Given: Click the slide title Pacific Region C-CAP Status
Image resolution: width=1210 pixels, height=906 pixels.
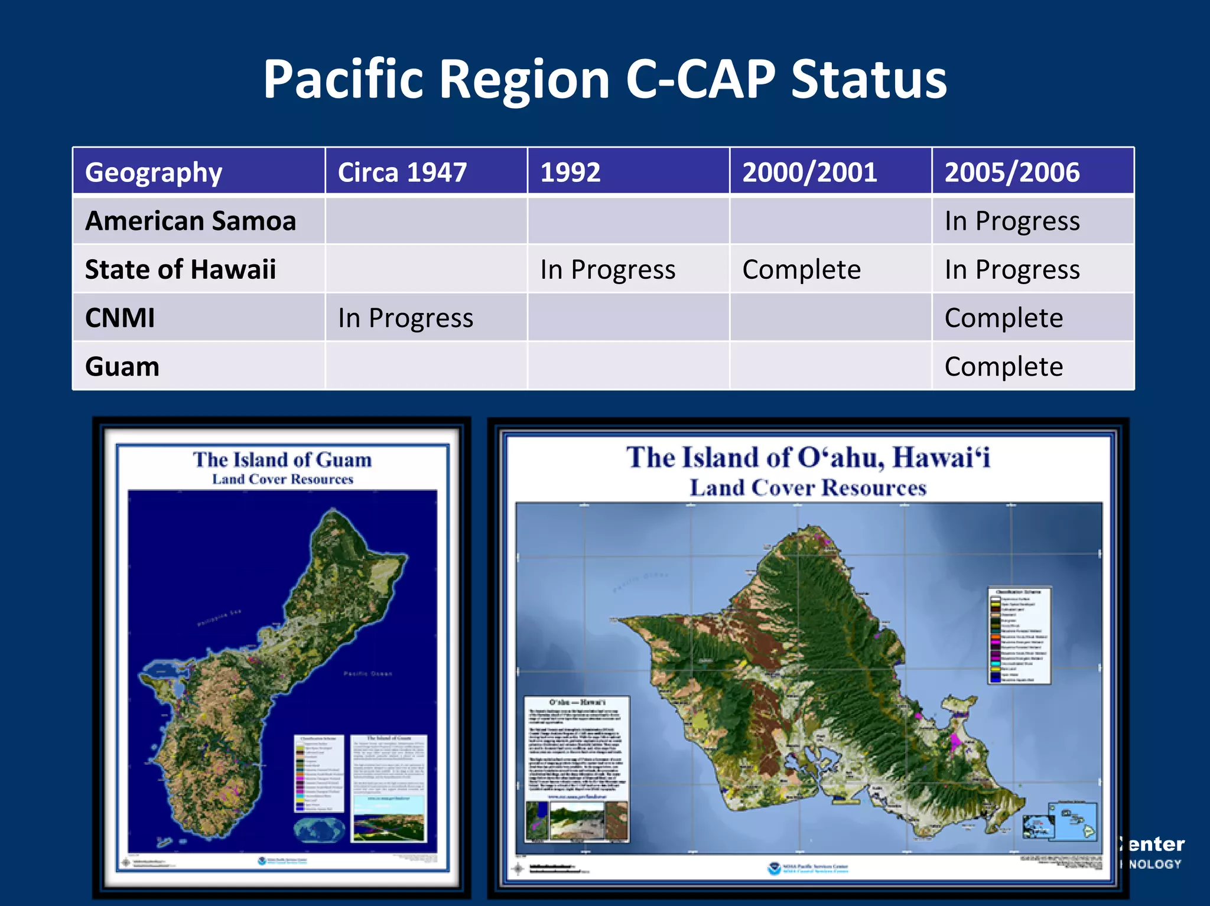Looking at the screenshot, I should (x=604, y=80).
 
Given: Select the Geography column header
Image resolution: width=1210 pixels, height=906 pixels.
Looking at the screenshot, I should (x=154, y=172).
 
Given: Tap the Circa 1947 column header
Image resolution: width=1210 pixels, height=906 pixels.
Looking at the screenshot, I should (x=402, y=172).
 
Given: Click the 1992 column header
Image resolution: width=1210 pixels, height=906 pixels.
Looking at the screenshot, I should (x=570, y=172).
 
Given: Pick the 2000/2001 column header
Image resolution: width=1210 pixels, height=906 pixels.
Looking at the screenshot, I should (x=809, y=172).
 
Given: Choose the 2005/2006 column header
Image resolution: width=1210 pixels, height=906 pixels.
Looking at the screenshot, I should (x=1011, y=172).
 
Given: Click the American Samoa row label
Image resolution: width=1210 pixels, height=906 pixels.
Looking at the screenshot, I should (x=190, y=221).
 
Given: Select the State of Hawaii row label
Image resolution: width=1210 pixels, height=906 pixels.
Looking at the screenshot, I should (x=180, y=269).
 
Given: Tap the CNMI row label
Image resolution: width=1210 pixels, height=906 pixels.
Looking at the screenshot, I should (x=120, y=318).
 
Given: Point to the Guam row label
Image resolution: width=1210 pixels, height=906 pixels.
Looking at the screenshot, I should (x=122, y=367).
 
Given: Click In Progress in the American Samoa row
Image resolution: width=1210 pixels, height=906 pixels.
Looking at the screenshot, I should (x=1011, y=221).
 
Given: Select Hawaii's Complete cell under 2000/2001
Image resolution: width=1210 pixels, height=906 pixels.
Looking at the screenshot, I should (x=801, y=269).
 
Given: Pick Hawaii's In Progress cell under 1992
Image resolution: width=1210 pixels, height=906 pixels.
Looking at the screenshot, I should (x=607, y=269).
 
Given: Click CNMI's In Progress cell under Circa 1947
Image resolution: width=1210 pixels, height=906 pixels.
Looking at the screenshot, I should (x=405, y=318).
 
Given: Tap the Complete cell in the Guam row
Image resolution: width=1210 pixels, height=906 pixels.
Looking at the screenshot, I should (x=1003, y=367).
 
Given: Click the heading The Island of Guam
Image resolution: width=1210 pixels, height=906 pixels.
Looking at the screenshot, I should (x=282, y=459).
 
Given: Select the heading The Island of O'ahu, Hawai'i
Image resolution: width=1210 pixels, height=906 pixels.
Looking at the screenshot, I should (x=808, y=458).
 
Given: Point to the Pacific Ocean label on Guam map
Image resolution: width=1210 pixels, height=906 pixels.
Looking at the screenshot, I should (x=367, y=673).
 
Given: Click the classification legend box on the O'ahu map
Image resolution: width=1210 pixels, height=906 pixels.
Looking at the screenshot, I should (x=1019, y=635).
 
